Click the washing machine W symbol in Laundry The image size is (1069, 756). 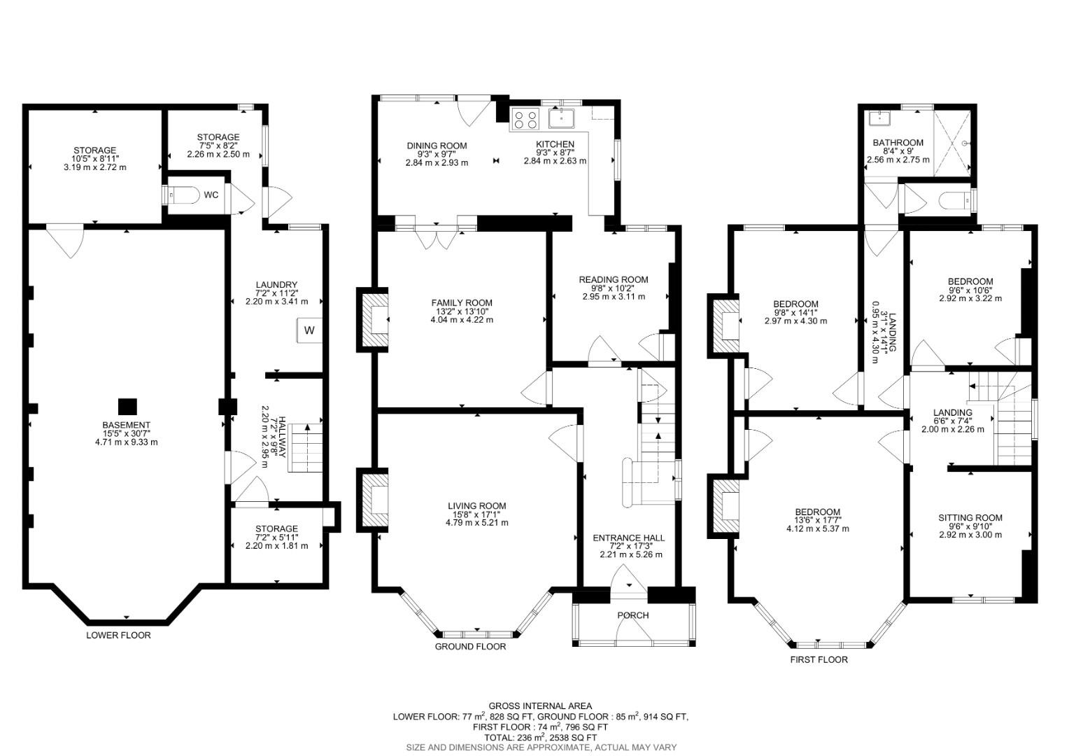(309, 330)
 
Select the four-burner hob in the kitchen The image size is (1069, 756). (525, 120)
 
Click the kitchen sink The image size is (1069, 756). (561, 118)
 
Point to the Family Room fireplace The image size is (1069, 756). (375, 321)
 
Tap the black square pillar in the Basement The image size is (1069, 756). (127, 406)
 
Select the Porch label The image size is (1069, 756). (632, 615)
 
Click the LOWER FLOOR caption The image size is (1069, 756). (118, 635)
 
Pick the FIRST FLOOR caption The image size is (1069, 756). (819, 659)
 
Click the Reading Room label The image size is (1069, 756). (613, 279)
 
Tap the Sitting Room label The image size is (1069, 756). (970, 518)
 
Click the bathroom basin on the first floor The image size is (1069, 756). (875, 118)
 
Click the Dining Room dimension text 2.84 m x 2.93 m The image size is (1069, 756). (437, 162)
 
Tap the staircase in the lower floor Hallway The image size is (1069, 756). (306, 448)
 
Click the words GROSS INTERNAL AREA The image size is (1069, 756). (540, 706)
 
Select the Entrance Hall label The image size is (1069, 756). (628, 538)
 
